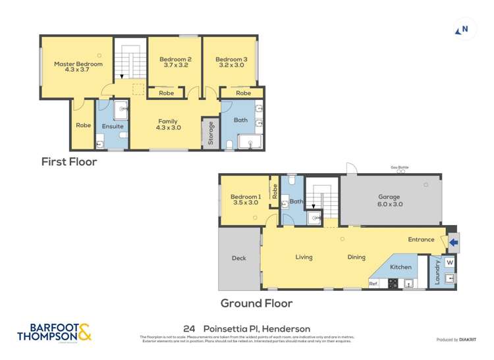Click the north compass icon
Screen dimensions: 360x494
pos(462,30)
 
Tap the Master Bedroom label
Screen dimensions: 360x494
pos(78,64)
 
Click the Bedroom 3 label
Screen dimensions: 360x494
pos(230,60)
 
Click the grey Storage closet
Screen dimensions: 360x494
pos(210,133)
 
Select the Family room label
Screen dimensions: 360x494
pos(167,121)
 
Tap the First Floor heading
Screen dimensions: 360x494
pos(69,162)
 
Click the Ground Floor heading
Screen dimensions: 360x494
pos(256,303)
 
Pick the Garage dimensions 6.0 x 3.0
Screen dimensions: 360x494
pos(390,204)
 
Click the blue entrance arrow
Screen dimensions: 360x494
pos(453,242)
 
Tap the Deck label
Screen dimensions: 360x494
pos(238,258)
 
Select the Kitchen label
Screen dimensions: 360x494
pos(400,267)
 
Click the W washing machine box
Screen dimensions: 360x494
pos(449,263)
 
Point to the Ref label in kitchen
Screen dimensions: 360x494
pos(373,284)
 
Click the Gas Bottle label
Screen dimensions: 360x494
pos(399,168)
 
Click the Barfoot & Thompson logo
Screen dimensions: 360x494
pos(54,332)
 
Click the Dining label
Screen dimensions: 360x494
pos(356,257)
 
